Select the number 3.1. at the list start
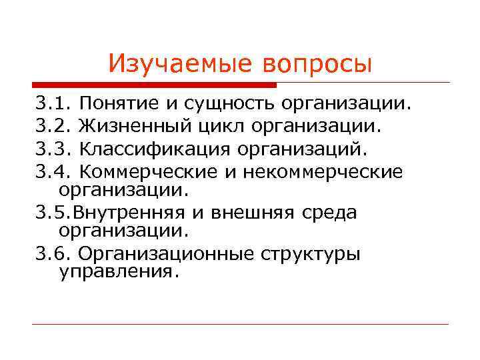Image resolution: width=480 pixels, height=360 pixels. [54, 104]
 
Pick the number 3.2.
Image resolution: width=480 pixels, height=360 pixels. [54, 127]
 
